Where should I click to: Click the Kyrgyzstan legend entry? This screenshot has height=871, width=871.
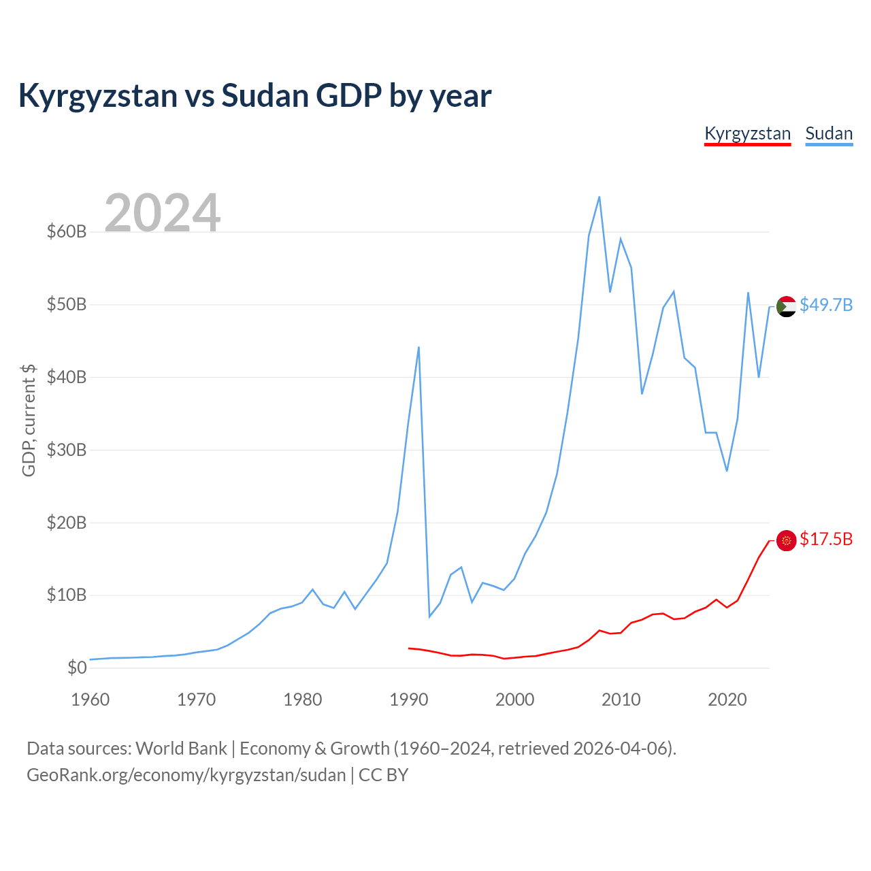pyautogui.click(x=747, y=134)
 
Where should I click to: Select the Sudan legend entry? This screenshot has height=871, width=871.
pyautogui.click(x=829, y=134)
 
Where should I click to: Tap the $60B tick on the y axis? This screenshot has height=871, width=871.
pyautogui.click(x=67, y=231)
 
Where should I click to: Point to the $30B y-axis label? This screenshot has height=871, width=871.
pyautogui.click(x=67, y=450)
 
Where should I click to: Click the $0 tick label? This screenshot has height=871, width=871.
pyautogui.click(x=77, y=668)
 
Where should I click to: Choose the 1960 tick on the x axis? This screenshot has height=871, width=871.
pyautogui.click(x=91, y=700)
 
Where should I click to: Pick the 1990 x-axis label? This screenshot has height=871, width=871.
pyautogui.click(x=408, y=700)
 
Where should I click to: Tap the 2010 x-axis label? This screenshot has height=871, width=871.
pyautogui.click(x=621, y=700)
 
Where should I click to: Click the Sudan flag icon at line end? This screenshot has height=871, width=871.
pyautogui.click(x=786, y=306)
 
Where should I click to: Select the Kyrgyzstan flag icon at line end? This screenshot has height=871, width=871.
pyautogui.click(x=786, y=540)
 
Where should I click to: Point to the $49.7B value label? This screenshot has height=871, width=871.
pyautogui.click(x=826, y=305)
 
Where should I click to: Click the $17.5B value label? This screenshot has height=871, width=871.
pyautogui.click(x=826, y=539)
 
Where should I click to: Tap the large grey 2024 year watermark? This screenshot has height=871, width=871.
pyautogui.click(x=163, y=212)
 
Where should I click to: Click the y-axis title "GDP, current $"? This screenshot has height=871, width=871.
pyautogui.click(x=29, y=421)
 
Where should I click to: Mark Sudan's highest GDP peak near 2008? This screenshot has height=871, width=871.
pyautogui.click(x=599, y=197)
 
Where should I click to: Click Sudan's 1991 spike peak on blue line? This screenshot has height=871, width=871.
pyautogui.click(x=419, y=347)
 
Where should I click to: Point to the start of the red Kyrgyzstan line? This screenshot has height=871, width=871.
pyautogui.click(x=408, y=648)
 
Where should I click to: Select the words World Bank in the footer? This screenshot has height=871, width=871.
pyautogui.click(x=181, y=749)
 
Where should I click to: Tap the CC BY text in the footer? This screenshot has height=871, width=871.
pyautogui.click(x=383, y=775)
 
